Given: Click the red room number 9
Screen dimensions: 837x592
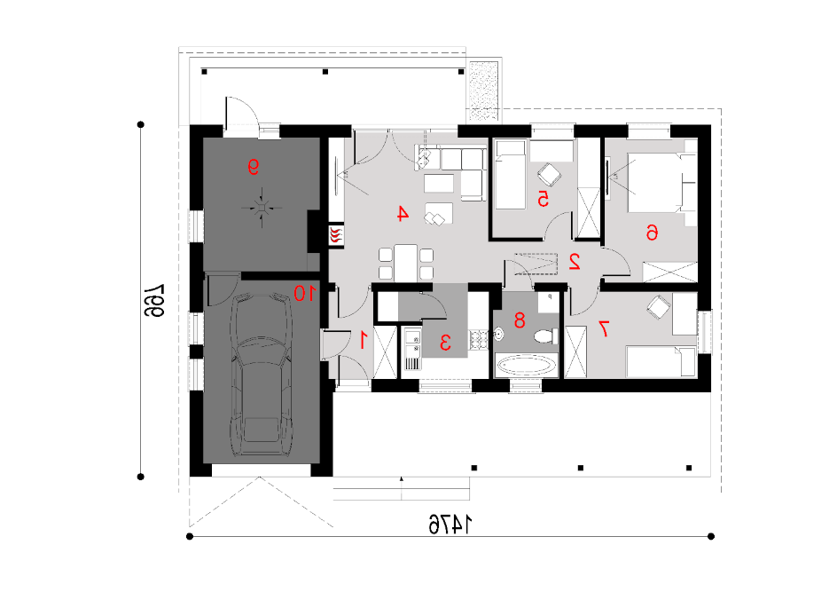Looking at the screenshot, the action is coord(253,167).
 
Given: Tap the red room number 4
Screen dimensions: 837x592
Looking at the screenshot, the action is coord(403,214).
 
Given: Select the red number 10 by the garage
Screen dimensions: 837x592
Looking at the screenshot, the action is coord(304,293).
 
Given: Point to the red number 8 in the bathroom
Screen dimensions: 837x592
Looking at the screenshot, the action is coord(520,320).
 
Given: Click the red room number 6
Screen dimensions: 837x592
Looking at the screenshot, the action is coord(651,233).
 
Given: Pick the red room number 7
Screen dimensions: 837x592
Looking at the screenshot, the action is coord(604,328).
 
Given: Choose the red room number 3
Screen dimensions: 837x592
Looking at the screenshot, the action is coord(445,342).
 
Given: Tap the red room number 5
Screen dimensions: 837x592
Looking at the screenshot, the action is coord(543,199).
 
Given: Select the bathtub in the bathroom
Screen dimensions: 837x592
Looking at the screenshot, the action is coord(527,366).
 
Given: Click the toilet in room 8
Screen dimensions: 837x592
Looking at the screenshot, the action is coord(546,336).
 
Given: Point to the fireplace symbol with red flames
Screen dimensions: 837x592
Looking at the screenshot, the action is coord(336,235).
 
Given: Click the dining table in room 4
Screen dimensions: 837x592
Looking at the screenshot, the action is coord(406,263).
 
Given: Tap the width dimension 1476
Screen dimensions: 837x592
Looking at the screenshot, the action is coord(451,525).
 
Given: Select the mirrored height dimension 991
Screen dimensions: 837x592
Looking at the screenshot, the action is coord(153,300).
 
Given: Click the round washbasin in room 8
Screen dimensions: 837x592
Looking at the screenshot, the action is coord(499,335).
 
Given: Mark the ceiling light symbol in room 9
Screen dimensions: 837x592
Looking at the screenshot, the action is coord(262,208).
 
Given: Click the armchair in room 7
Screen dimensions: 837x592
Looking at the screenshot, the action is coord(659,308).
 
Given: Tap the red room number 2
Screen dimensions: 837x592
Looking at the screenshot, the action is coord(575,261).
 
